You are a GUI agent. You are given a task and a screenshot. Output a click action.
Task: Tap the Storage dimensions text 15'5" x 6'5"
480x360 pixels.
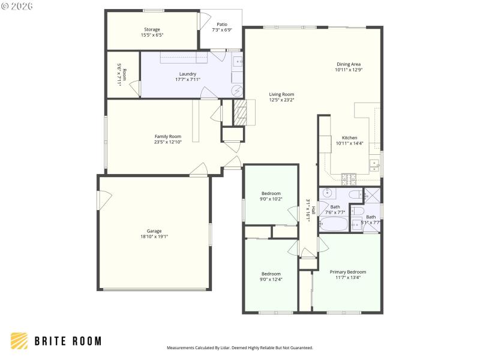[152, 35]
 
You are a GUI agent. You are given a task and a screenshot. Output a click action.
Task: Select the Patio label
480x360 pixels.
[222, 25]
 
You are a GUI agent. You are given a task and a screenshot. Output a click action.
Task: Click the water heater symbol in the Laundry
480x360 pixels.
[238, 91]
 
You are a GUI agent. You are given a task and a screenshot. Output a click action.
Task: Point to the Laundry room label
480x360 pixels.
[188, 74]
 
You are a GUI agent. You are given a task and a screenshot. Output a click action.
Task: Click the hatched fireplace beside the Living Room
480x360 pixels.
[239, 112]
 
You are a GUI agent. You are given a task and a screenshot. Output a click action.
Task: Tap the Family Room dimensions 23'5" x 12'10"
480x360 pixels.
[168, 142]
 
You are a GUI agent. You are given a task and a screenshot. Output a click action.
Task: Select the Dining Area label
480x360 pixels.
[349, 64]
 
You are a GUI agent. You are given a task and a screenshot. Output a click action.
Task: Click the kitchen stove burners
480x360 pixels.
[349, 178]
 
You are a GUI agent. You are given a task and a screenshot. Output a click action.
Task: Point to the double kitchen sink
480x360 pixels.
[375, 163]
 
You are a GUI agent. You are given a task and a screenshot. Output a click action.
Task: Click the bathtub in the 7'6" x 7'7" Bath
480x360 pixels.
[333, 224]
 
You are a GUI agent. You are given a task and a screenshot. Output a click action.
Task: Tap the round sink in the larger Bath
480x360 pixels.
[328, 193]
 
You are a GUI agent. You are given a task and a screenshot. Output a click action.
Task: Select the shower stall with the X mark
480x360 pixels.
[373, 194]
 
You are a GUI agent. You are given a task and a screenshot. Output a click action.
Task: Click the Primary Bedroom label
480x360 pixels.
[347, 272]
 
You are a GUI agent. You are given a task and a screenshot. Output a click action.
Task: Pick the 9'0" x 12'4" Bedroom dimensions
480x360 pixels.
[271, 279]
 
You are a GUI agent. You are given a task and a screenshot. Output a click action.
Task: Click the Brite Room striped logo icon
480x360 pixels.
[19, 341]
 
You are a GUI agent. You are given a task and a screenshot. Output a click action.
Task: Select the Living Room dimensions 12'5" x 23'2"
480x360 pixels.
[281, 100]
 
